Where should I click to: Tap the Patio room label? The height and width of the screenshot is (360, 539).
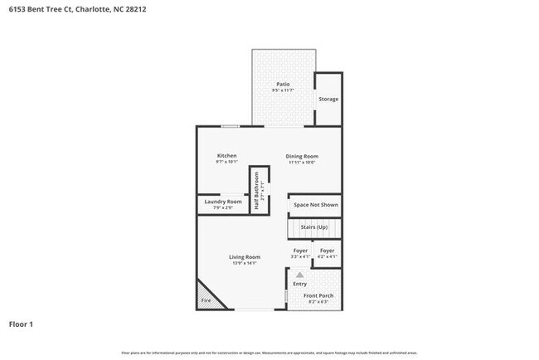tap(283, 84)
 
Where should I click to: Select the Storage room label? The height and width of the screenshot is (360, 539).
tap(328, 99)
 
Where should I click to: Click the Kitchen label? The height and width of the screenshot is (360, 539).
tap(227, 156)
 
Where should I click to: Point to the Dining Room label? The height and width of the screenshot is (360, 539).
tap(303, 156)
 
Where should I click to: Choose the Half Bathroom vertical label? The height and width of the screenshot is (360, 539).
tap(258, 190)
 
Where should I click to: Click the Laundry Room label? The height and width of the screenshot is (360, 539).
tap(223, 202)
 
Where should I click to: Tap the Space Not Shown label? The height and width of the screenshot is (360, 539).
tap(314, 204)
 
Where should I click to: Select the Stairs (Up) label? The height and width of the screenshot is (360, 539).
tap(313, 226)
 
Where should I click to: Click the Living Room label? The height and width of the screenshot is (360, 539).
tap(245, 257)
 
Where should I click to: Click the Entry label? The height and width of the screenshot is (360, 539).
tap(300, 284)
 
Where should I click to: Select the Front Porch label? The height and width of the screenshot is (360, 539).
tap(318, 296)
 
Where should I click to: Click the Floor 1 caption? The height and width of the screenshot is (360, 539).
tap(21, 324)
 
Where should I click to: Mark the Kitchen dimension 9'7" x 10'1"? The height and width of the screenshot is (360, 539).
tap(227, 163)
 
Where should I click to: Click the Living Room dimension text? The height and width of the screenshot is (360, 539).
tap(245, 264)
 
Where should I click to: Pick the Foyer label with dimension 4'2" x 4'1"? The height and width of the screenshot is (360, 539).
tap(328, 251)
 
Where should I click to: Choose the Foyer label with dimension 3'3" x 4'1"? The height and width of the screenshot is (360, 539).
tap(300, 251)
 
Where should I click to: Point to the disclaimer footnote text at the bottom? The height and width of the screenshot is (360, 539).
tap(269, 353)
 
